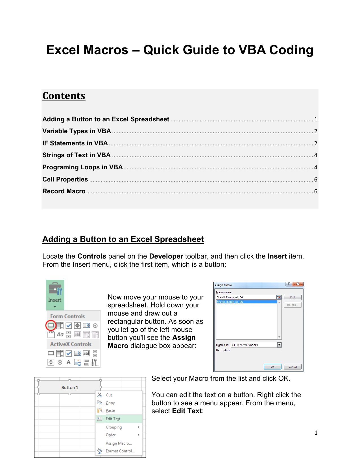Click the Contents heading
click(x=64, y=96)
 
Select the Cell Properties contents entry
click(x=65, y=179)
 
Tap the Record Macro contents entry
click(x=64, y=191)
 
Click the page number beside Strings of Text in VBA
click(x=316, y=155)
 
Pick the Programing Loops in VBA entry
click(x=82, y=167)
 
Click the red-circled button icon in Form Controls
click(x=51, y=325)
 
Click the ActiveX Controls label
click(x=71, y=344)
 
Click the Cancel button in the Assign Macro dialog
click(x=293, y=367)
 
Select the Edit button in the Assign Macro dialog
click(x=293, y=297)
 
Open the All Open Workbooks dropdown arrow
click(x=279, y=345)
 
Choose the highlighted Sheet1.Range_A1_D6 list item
click(x=246, y=302)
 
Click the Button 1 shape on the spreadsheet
click(x=69, y=387)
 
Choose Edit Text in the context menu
click(x=113, y=419)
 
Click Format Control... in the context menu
click(x=120, y=451)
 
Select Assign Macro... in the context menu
click(x=119, y=443)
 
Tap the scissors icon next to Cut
click(x=100, y=395)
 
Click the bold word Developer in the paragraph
click(x=166, y=256)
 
